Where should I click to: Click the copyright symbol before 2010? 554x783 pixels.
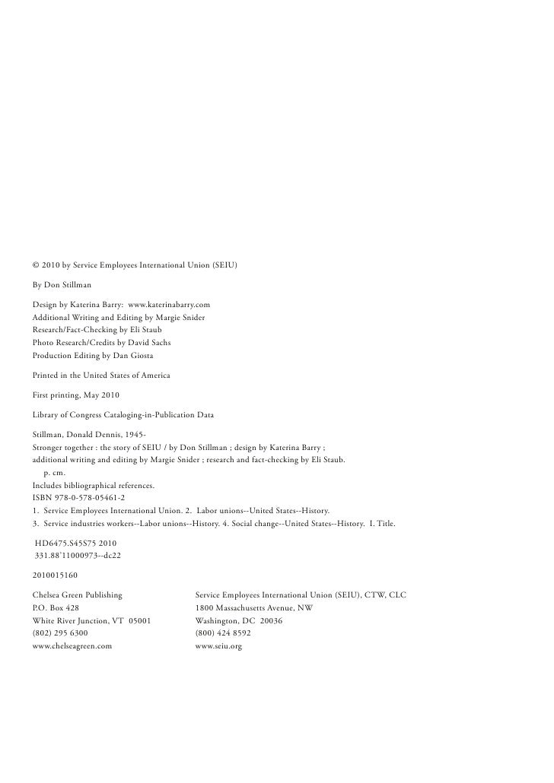36,265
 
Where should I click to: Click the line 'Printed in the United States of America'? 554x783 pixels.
101,376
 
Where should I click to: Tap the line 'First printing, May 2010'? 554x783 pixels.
75,395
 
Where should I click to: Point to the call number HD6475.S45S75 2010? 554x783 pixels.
76,544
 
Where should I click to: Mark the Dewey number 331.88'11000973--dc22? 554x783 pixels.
79,556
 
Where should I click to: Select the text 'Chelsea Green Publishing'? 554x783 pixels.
77,596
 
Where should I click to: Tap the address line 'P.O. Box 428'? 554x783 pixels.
55,608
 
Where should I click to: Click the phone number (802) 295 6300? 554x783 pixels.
60,632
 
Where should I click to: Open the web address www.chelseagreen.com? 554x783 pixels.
72,645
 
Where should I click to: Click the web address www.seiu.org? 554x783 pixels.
218,645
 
